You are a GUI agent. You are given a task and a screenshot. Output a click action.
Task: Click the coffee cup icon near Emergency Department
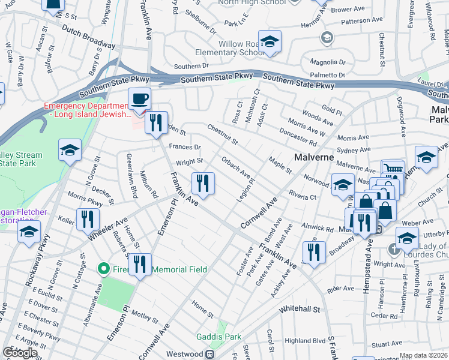(139, 99)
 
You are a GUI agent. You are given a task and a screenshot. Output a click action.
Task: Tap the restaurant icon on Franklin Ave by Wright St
(203, 183)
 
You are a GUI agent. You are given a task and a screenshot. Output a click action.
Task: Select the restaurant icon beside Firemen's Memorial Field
(140, 264)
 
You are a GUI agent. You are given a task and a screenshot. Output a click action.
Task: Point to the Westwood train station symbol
(210, 354)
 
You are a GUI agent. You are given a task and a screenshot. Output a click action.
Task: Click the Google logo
(20, 353)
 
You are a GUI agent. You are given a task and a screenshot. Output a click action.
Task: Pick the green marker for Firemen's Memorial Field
(103, 269)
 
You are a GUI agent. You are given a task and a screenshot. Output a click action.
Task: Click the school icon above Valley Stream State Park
(70, 151)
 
